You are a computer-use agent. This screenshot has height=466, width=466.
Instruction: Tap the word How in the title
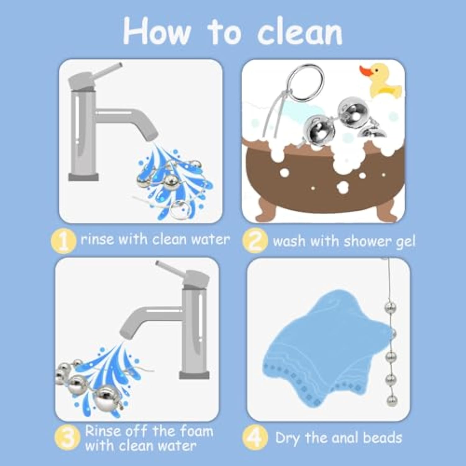coord(157,31)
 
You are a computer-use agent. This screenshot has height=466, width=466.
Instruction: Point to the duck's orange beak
coord(366,71)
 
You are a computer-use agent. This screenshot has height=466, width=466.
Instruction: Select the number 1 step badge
coord(63,241)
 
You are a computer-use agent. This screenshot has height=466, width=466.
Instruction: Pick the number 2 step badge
coord(255,241)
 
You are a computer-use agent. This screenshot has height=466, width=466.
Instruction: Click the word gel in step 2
coord(405,242)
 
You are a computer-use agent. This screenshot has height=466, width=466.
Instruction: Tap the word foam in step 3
coord(197,431)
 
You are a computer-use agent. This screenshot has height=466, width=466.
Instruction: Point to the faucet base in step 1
coord(84,177)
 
